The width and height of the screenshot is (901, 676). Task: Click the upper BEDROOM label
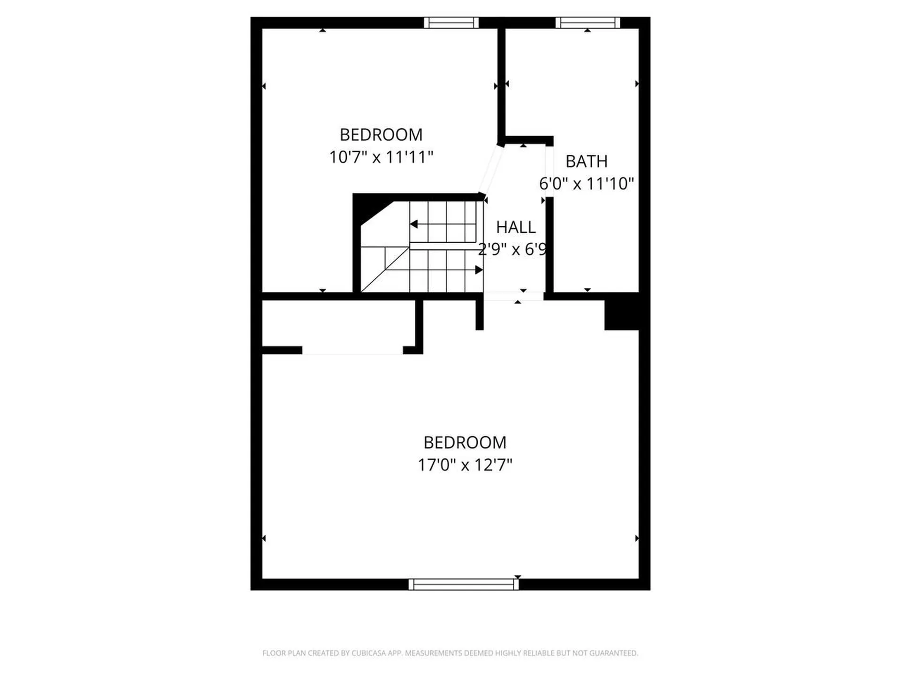(381, 135)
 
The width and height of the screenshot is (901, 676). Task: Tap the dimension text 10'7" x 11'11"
(381, 157)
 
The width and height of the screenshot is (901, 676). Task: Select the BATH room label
(586, 161)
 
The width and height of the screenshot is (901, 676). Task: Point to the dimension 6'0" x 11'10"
(586, 184)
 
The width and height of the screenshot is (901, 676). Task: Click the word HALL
(516, 227)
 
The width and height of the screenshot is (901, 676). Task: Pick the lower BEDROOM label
(465, 442)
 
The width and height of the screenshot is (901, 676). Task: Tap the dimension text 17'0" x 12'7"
(465, 465)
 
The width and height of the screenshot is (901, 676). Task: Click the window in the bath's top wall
(588, 23)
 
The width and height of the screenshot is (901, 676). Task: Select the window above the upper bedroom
(451, 23)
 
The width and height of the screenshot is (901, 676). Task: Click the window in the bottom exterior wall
(464, 584)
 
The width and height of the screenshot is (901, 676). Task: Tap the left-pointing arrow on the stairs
(414, 224)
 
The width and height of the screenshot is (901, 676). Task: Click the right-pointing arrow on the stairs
(478, 270)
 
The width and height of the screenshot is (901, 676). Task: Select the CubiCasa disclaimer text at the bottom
(450, 653)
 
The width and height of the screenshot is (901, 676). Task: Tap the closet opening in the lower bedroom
(352, 350)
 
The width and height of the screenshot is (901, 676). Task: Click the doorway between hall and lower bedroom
(513, 296)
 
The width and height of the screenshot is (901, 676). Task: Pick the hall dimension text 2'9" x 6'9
(512, 249)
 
